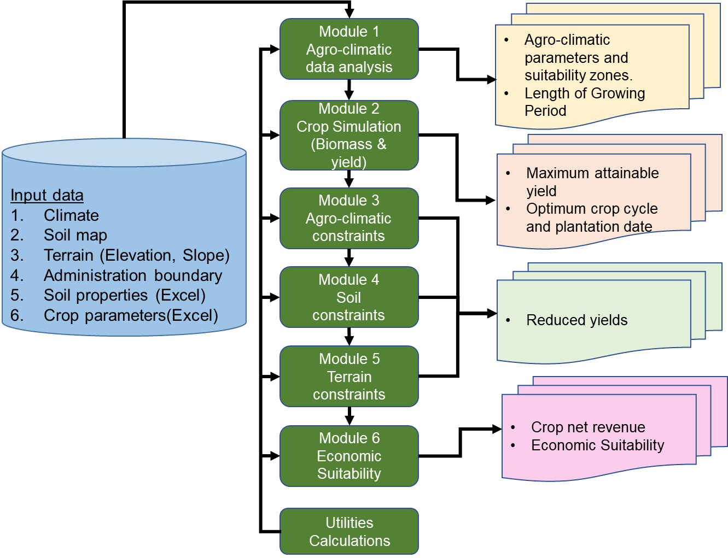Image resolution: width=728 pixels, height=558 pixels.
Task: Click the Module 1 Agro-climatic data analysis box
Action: [x=349, y=49]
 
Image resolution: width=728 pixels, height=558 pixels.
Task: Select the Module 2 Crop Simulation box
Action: [x=349, y=135]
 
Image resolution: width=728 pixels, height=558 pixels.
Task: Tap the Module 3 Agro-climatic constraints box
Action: [x=349, y=218]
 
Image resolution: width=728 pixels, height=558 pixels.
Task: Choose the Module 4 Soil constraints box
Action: [x=349, y=297]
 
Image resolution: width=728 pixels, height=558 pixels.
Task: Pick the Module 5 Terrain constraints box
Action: [x=349, y=377]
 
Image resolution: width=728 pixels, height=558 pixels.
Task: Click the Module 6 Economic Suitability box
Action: [x=349, y=456]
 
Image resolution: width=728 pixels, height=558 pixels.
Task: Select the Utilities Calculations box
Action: [x=349, y=532]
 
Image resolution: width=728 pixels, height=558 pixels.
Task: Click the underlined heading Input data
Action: [x=47, y=195]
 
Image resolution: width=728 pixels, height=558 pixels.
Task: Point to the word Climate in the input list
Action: [x=71, y=215]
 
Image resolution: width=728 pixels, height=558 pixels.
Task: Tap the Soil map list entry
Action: [x=75, y=235]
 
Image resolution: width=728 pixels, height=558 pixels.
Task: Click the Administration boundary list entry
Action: [x=133, y=275]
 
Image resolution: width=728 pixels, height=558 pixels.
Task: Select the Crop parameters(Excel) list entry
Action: [x=131, y=315]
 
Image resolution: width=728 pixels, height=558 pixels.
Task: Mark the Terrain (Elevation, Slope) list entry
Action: [x=137, y=255]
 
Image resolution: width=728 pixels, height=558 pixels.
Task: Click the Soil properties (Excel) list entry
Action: [x=125, y=295]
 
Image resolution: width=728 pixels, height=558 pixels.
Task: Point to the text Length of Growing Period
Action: [x=584, y=102]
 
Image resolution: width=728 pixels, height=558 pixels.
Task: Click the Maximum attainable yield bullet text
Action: [x=592, y=181]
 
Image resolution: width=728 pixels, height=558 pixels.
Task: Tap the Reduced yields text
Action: [x=576, y=320]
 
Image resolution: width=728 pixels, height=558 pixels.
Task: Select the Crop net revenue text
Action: [x=588, y=427]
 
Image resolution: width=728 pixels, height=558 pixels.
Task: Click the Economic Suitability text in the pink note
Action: [x=597, y=445]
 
